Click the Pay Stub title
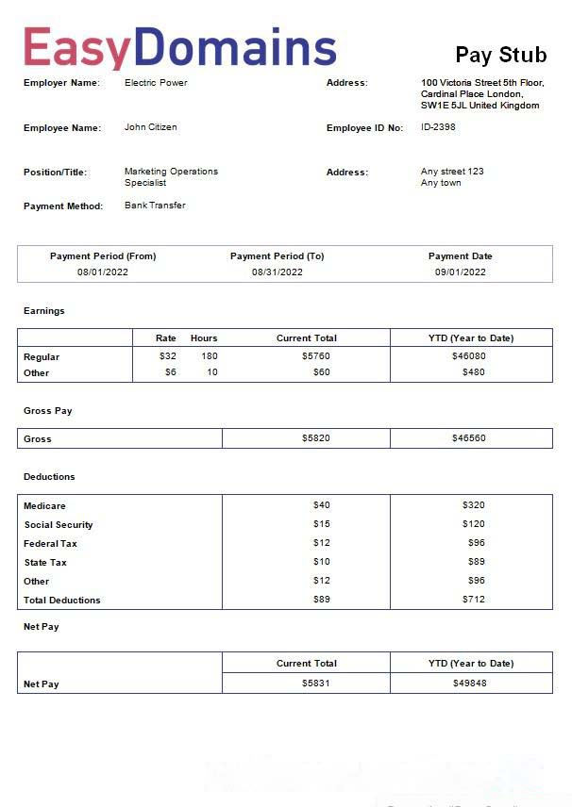coord(500,55)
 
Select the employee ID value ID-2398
coord(438,127)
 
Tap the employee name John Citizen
coord(150,127)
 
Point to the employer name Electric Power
coord(156,83)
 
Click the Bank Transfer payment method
coord(155,206)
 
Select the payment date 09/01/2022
coord(461,272)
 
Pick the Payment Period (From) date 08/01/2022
coord(103,272)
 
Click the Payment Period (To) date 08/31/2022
coord(278,272)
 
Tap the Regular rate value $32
coord(168,356)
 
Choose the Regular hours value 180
coord(209,356)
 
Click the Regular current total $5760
coord(315,356)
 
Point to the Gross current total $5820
coord(316,438)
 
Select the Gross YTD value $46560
coord(469,438)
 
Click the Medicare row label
coord(44,506)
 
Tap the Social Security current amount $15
coord(322,524)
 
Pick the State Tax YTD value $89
coord(476,562)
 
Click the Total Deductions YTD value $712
coord(473,600)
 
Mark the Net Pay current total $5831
coord(316,683)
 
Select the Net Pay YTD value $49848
coord(469,683)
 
